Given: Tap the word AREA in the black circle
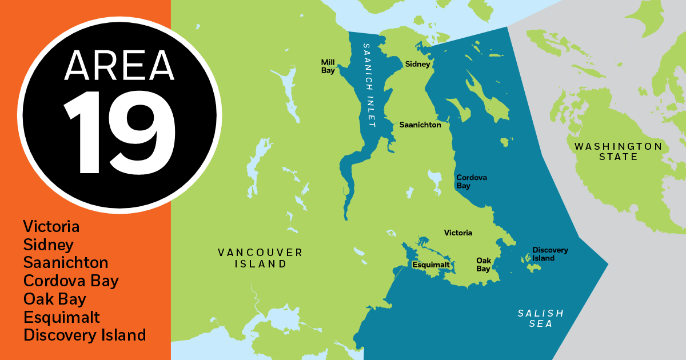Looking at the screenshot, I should pyautogui.click(x=119, y=65).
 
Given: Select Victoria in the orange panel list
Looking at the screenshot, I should pyautogui.click(x=51, y=226).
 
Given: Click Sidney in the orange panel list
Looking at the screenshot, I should pyautogui.click(x=49, y=245).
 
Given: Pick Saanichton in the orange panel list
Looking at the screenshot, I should pyautogui.click(x=66, y=263).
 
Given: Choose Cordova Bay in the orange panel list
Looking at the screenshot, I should pyautogui.click(x=71, y=281).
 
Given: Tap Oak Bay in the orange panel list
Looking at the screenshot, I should pyautogui.click(x=55, y=299).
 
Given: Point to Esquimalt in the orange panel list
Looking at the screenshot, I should pyautogui.click(x=62, y=317).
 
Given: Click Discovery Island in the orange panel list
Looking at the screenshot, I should pyautogui.click(x=85, y=335).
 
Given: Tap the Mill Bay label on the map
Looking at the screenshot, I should pyautogui.click(x=328, y=66).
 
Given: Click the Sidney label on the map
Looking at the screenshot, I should pyautogui.click(x=417, y=65).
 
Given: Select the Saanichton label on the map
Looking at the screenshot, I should pyautogui.click(x=420, y=125).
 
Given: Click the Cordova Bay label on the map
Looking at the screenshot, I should pyautogui.click(x=472, y=182).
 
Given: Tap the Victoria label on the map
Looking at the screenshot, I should pyautogui.click(x=458, y=233).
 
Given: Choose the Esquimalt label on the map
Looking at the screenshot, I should pyautogui.click(x=430, y=265).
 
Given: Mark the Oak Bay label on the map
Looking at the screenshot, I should pyautogui.click(x=484, y=265).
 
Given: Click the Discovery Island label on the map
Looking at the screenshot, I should pyautogui.click(x=550, y=254).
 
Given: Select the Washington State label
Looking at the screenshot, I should pyautogui.click(x=618, y=151).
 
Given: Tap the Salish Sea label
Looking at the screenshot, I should pyautogui.click(x=541, y=318).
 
